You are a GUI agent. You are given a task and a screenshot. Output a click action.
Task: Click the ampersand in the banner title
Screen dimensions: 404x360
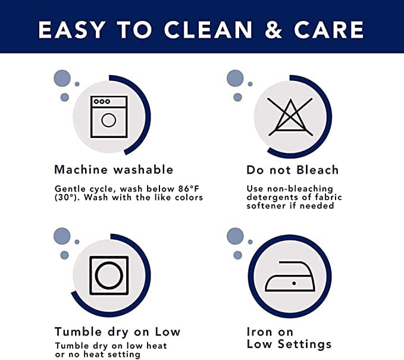pyautogui.click(x=273, y=30)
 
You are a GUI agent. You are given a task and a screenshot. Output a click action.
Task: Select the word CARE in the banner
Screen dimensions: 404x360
pyautogui.click(x=329, y=30)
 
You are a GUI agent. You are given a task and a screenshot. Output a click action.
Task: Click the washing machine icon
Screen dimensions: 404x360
pyautogui.click(x=109, y=117)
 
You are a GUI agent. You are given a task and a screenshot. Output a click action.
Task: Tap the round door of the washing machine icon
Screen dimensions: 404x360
pyautogui.click(x=108, y=120)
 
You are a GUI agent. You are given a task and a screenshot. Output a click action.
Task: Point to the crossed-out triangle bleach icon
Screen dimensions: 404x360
pyautogui.click(x=290, y=117)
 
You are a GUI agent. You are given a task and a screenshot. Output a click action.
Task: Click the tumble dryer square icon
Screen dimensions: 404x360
pyautogui.click(x=109, y=276)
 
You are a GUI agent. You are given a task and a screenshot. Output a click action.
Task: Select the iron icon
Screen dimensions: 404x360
pyautogui.click(x=290, y=276)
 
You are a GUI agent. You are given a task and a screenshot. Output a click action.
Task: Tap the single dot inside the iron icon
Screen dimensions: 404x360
pyautogui.click(x=294, y=283)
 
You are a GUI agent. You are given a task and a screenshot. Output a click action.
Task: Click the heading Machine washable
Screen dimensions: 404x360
pyautogui.click(x=114, y=170)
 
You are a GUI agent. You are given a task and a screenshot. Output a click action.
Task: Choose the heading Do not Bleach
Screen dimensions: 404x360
pyautogui.click(x=292, y=170)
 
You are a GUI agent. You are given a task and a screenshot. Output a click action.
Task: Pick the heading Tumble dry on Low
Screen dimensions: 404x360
pyautogui.click(x=117, y=331)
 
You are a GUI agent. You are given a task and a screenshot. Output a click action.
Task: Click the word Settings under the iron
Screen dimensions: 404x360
pyautogui.click(x=305, y=345)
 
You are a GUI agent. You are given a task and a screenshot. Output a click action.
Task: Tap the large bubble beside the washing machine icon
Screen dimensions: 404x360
pyautogui.click(x=62, y=78)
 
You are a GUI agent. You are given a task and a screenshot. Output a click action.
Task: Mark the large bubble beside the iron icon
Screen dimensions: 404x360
pyautogui.click(x=235, y=236)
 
